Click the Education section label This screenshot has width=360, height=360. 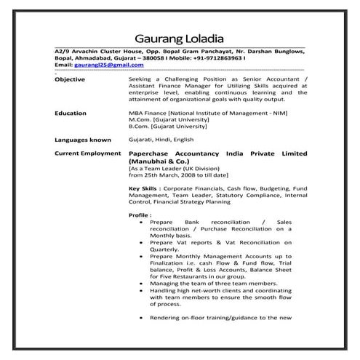click(71, 113)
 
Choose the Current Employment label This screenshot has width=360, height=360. click(88, 153)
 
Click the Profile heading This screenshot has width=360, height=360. click(140, 215)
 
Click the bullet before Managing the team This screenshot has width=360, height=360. click(140, 284)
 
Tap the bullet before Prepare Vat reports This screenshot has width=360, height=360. click(140, 242)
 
